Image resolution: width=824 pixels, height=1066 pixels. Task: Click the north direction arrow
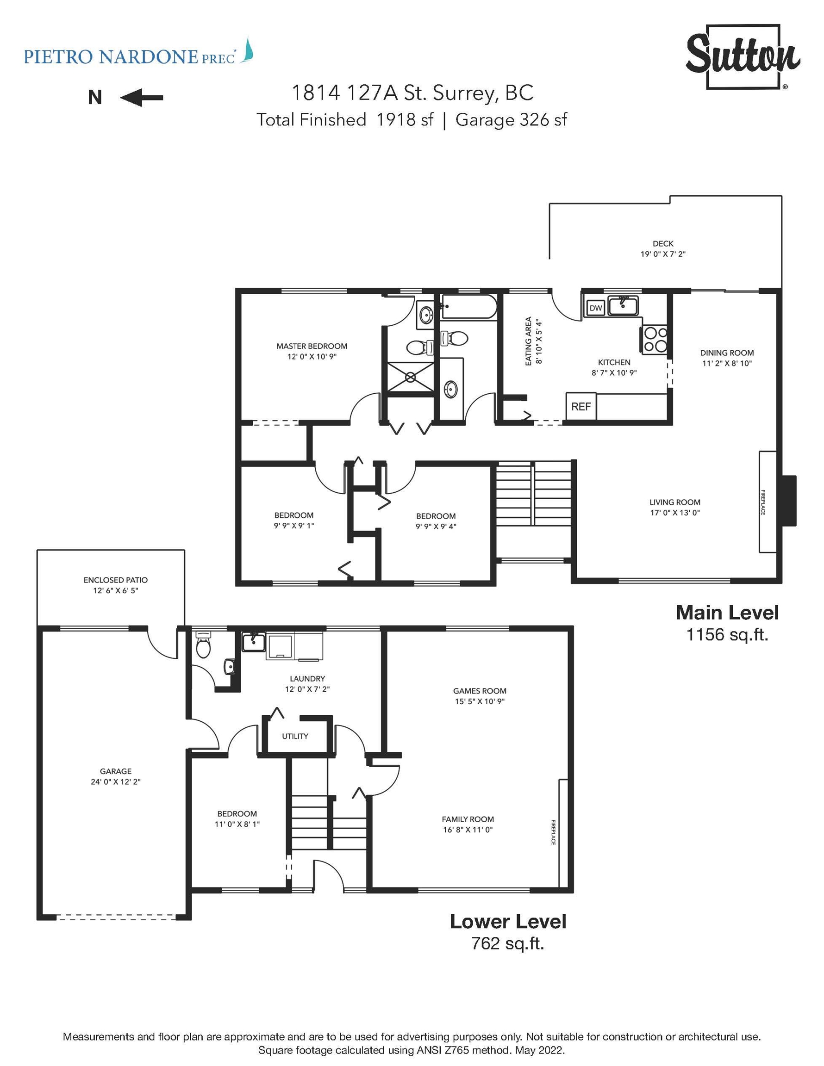[x=142, y=98]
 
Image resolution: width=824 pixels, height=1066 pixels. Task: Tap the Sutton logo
[x=743, y=57]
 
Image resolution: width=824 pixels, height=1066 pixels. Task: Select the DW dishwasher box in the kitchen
[x=595, y=308]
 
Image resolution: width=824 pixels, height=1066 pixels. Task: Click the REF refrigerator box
[x=581, y=407]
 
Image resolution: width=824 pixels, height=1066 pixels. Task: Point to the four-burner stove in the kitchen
[x=655, y=339]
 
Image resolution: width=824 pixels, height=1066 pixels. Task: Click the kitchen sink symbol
[x=623, y=305]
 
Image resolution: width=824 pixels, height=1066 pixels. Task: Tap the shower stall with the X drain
[x=410, y=377]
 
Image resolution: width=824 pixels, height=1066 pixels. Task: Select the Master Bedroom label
[x=312, y=346]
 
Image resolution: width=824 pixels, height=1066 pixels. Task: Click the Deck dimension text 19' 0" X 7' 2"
[x=663, y=254]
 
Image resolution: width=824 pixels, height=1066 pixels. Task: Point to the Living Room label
[x=674, y=502]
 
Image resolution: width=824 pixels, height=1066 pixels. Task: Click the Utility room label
[x=295, y=736]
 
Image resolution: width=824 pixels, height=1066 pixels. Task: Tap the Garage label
[x=116, y=771]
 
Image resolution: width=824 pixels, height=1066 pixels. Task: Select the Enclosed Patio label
[x=115, y=580]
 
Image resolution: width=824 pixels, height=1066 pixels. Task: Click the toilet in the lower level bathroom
[x=203, y=645]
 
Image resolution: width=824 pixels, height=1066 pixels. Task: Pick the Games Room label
[x=480, y=691]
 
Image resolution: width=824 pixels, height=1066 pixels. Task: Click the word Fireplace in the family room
[x=553, y=832]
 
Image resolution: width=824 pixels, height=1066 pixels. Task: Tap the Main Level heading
[x=727, y=613]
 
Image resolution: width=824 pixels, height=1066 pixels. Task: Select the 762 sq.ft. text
[x=507, y=943]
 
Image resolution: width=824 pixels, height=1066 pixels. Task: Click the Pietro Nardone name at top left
[x=111, y=57]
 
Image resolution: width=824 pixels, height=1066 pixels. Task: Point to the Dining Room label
[x=727, y=353]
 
